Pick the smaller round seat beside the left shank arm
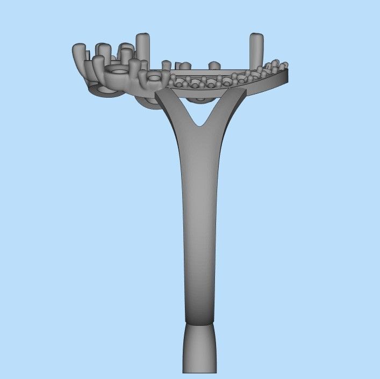(x=155, y=78)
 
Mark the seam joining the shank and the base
(x=200, y=323)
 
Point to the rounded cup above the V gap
(x=200, y=98)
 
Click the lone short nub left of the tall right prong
(x=214, y=65)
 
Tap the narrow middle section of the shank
(x=200, y=225)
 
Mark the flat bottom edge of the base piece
(x=200, y=373)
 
